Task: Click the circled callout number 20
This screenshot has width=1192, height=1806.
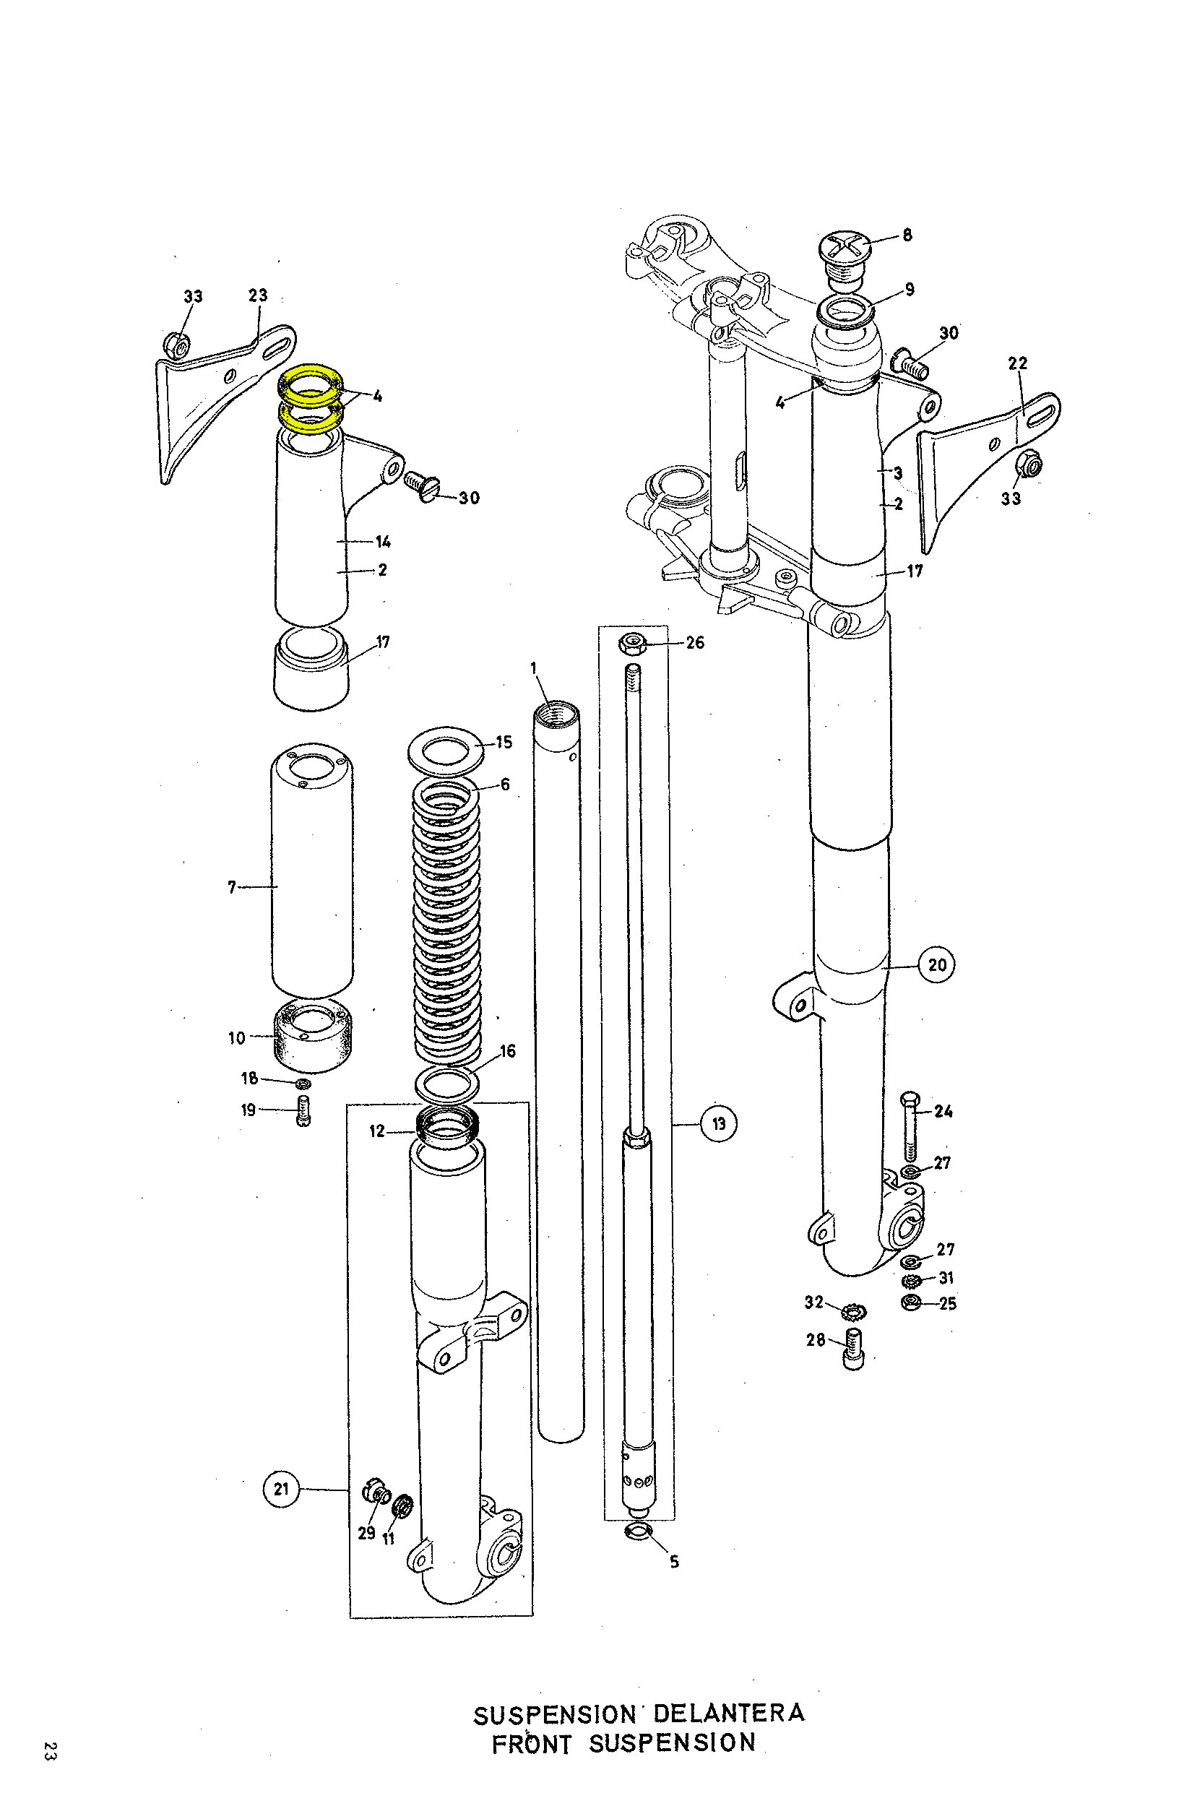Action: (936, 964)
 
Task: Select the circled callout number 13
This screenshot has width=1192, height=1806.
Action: (718, 1123)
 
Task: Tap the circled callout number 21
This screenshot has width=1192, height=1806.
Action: (281, 1488)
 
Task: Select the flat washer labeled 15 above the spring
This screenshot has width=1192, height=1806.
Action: (446, 749)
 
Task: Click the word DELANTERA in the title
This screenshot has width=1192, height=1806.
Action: (728, 1714)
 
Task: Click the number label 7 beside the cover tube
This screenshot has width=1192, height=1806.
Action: (232, 887)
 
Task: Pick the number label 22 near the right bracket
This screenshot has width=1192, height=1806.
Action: (1017, 363)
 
